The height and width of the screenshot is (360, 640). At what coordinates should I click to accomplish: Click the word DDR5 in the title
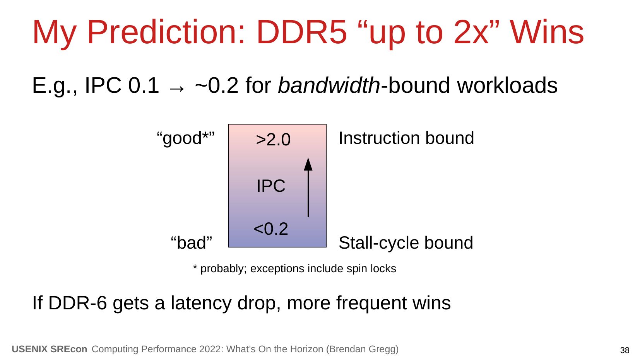click(x=302, y=32)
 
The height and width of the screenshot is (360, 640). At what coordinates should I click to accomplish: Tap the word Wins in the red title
click(x=547, y=32)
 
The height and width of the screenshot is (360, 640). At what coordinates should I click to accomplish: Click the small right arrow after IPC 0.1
click(x=177, y=89)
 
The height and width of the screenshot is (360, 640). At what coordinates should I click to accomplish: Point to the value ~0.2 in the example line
click(x=217, y=85)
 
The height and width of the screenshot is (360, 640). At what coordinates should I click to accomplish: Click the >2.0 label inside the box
click(x=273, y=140)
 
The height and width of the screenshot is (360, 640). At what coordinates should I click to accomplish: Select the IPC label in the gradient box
click(x=271, y=186)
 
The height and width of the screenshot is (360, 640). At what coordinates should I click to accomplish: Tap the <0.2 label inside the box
click(x=271, y=229)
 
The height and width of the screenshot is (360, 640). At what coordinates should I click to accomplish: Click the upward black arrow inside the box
click(x=308, y=188)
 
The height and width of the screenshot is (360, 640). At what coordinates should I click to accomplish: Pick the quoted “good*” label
click(x=185, y=138)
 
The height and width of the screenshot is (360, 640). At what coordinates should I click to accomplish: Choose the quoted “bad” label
click(x=191, y=243)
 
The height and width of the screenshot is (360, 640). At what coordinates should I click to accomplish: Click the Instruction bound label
click(x=406, y=138)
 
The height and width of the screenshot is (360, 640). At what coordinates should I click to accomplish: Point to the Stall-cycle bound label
click(x=406, y=243)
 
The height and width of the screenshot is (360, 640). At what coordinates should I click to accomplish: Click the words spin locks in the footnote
click(x=371, y=269)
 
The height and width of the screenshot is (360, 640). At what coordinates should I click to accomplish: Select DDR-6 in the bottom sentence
click(x=77, y=303)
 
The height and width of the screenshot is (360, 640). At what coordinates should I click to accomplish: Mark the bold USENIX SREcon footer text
click(x=50, y=349)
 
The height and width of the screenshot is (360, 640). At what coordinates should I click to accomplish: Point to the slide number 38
click(x=625, y=350)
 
